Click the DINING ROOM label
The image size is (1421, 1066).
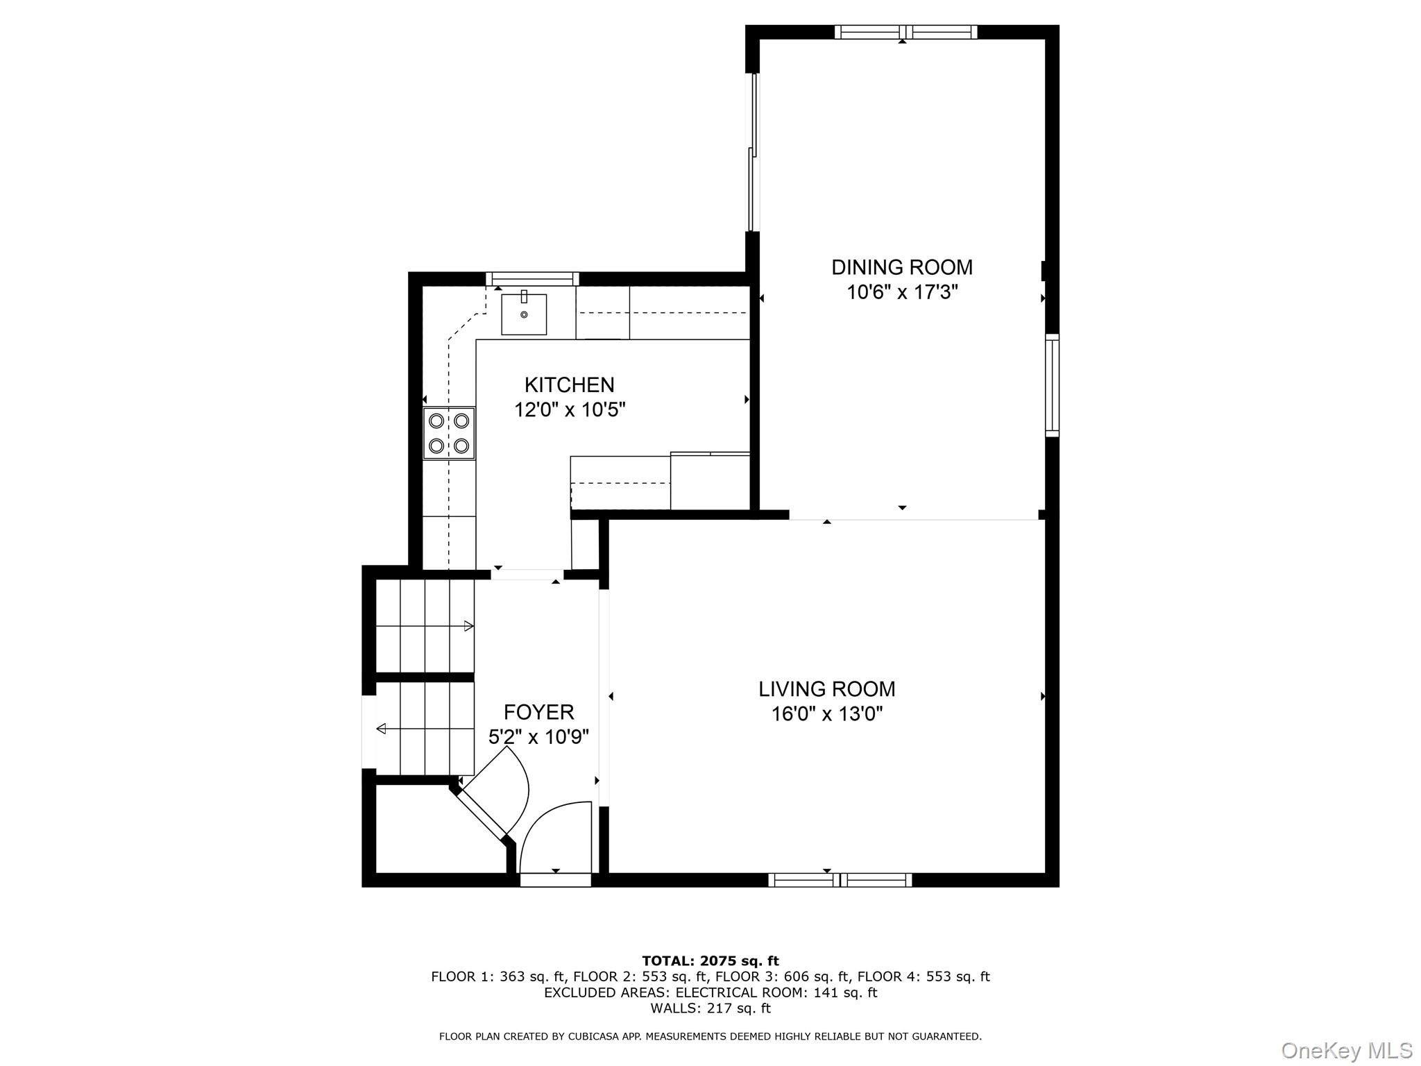(901, 267)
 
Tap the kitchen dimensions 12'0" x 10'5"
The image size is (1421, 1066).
(569, 410)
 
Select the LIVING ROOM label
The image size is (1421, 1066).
(826, 689)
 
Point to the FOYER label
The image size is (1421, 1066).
(538, 712)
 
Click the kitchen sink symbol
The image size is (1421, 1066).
(524, 314)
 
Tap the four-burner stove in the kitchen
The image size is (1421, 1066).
(449, 433)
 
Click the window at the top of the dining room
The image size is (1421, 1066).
(905, 32)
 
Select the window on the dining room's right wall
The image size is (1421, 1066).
(1052, 385)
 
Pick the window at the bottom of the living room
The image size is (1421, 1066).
(840, 880)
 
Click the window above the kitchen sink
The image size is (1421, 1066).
(532, 279)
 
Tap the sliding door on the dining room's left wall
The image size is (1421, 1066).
(753, 153)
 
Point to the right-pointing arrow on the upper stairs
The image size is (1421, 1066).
(468, 626)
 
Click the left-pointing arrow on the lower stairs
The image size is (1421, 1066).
(381, 729)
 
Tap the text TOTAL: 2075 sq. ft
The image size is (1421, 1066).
(710, 961)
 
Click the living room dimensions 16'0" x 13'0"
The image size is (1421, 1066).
(826, 714)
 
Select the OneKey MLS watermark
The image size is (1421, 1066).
(1346, 1050)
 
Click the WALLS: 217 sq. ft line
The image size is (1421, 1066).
(710, 1008)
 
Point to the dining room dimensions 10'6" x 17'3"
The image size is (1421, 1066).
(901, 292)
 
